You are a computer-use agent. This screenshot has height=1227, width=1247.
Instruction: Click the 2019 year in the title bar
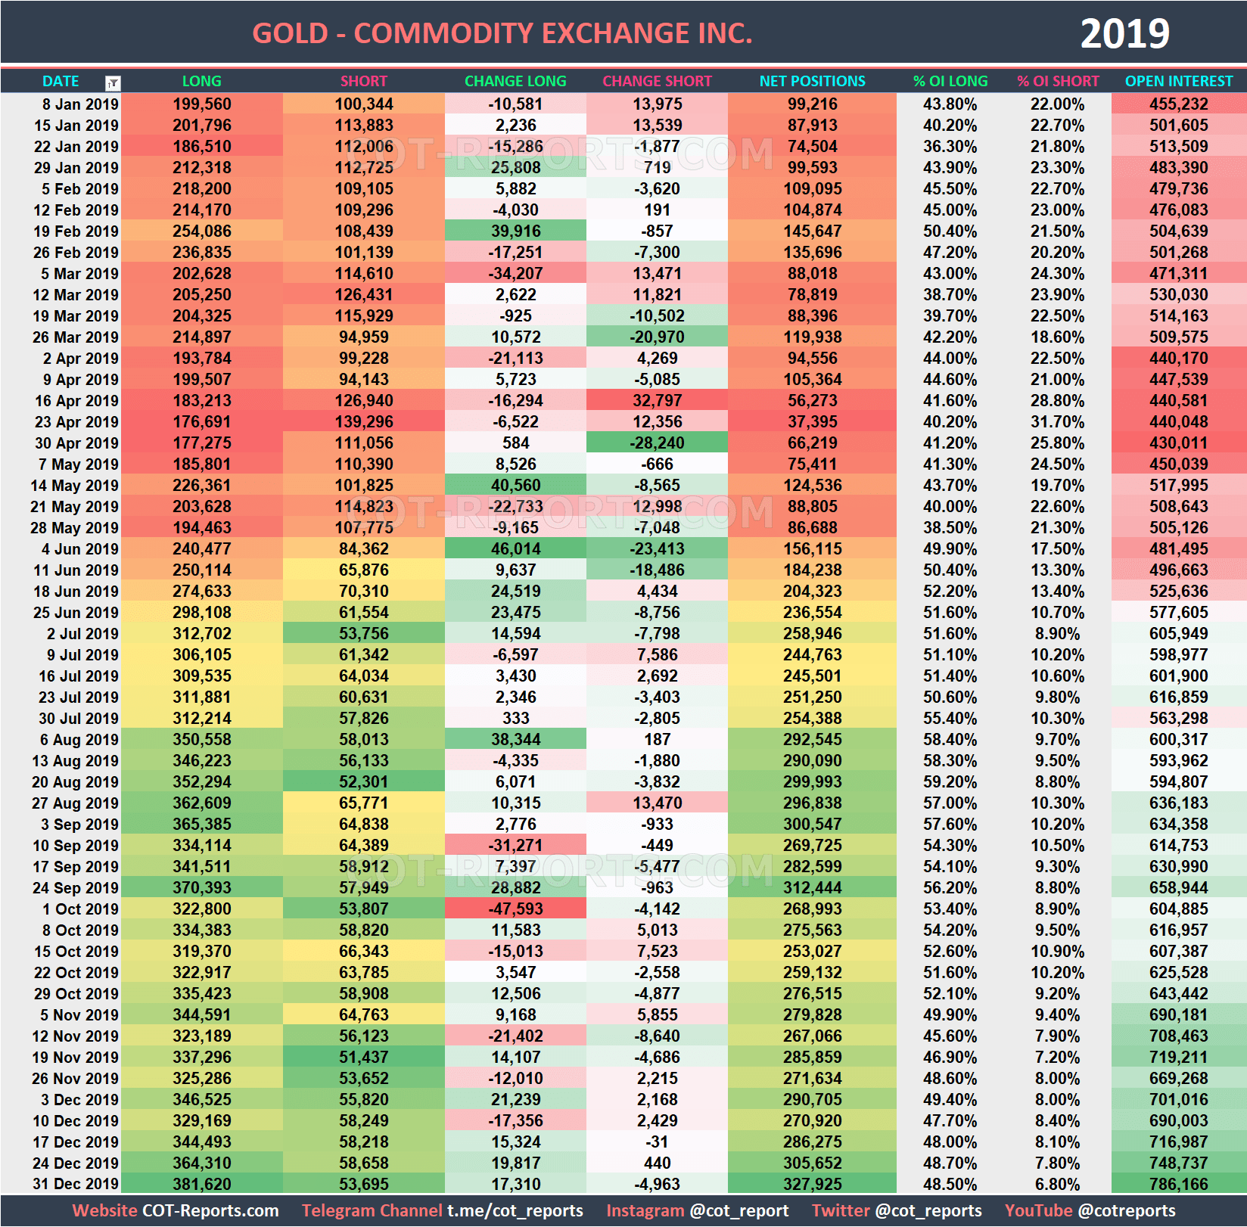pos(1124,33)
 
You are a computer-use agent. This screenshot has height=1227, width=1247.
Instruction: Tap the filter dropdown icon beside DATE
pos(113,83)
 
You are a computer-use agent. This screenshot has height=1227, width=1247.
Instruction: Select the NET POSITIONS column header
pos(812,81)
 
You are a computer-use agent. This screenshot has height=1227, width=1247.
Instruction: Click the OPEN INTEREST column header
pos(1178,81)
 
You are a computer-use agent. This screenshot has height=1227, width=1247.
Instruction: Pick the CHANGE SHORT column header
pos(657,81)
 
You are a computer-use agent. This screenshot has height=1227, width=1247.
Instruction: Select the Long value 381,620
pos(201,1184)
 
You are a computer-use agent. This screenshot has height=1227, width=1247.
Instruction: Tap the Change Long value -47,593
pos(515,909)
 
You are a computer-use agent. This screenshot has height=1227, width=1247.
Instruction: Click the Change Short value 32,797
pos(657,400)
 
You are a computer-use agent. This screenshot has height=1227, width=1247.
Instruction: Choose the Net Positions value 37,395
pos(812,421)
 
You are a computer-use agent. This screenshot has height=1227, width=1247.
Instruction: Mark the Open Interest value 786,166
pos(1178,1184)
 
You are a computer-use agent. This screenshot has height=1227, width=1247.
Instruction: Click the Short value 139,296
pos(363,421)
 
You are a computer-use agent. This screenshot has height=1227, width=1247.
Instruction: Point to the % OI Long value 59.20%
pos(950,781)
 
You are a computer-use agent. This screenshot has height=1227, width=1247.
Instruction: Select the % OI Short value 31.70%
pos(1057,421)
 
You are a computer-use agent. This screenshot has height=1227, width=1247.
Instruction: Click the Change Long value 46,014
pos(515,548)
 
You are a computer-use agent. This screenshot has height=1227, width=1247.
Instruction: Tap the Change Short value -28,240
pos(657,443)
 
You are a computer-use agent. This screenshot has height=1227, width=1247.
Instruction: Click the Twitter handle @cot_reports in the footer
pos(928,1210)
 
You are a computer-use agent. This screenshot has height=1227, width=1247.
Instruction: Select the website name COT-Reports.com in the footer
pos(210,1210)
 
